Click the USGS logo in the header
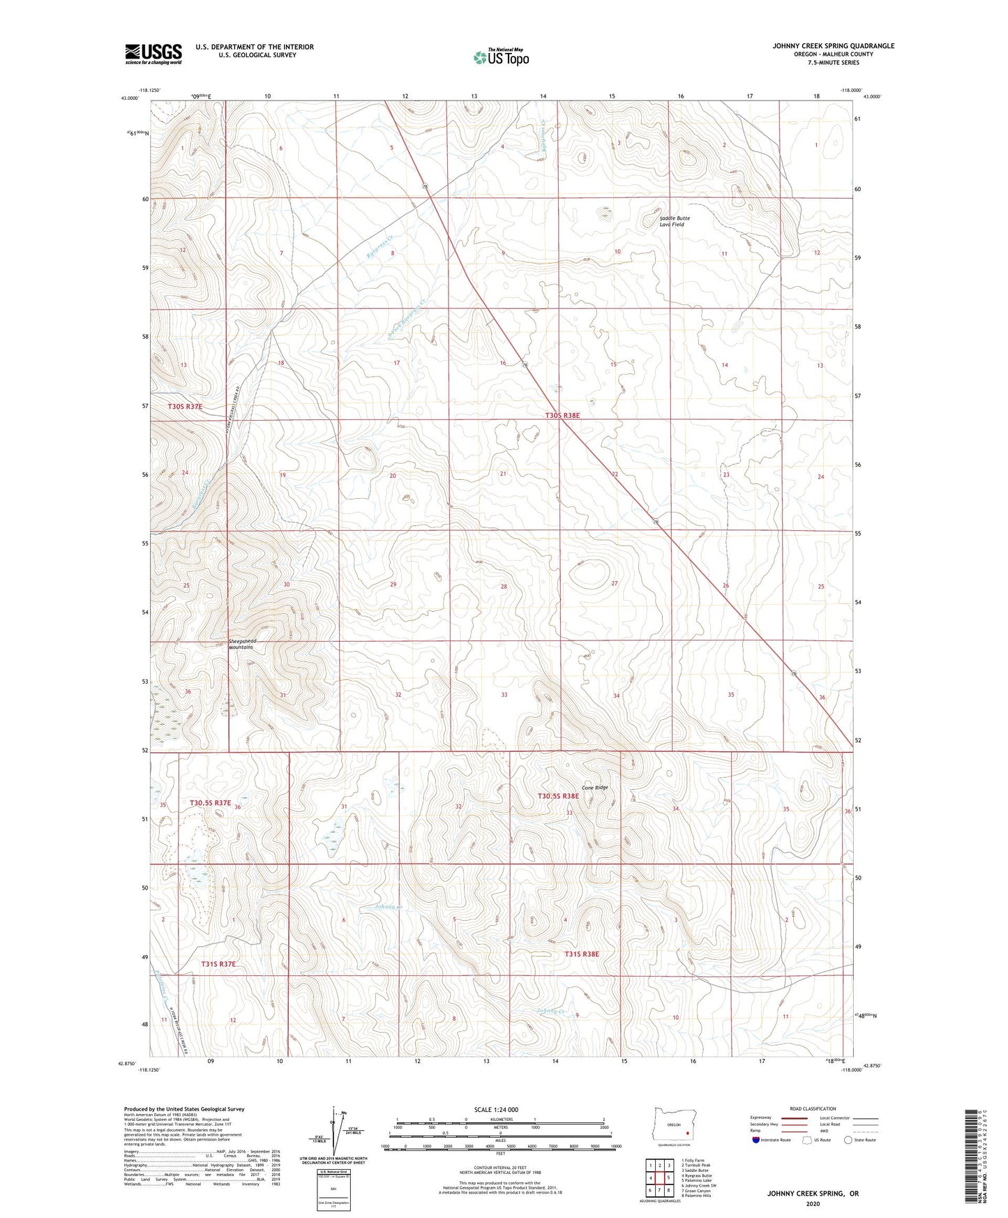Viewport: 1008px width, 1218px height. tap(153, 54)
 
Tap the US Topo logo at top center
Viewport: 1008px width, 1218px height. tap(500, 57)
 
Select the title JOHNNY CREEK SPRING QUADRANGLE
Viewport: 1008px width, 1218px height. tap(833, 46)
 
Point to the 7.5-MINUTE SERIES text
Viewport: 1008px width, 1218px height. tap(833, 63)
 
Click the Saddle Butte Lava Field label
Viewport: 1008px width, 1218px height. tap(674, 221)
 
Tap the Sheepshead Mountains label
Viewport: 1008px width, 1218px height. tap(242, 644)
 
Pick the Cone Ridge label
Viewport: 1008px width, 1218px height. tap(594, 788)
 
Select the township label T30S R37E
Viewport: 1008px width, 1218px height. tap(185, 406)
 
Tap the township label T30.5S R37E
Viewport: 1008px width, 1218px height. tap(210, 803)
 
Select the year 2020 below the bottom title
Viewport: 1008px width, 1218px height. tap(812, 1203)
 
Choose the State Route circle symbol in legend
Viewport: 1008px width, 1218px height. tap(848, 1140)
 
